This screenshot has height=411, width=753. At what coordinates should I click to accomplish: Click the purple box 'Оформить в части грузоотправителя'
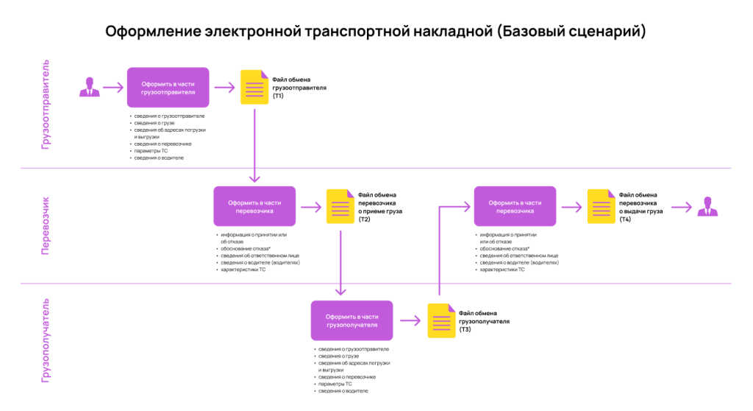168,88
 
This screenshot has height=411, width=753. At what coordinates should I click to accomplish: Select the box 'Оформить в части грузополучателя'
351,320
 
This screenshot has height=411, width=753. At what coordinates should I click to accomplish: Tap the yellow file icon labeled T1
254,87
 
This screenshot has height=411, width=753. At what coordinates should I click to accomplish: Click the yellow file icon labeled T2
340,206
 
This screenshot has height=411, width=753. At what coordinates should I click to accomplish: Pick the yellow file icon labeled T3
441,320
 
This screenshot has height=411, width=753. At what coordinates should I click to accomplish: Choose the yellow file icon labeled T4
602,206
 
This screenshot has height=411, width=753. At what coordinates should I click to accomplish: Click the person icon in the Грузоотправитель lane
89,87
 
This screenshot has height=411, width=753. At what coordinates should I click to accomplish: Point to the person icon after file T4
707,206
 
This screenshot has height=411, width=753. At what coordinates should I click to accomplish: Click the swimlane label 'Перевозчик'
45,225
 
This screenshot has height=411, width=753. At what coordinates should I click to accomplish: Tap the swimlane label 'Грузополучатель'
45,341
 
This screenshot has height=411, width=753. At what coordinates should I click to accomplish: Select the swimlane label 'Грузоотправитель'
45,105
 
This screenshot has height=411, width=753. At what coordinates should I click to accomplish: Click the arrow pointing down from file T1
254,145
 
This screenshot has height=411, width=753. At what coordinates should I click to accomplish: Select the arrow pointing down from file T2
340,263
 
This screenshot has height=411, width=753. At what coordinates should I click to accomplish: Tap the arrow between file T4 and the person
682,208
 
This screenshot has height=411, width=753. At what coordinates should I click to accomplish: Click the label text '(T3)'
465,330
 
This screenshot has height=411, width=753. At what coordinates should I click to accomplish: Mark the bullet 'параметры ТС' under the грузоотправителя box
151,151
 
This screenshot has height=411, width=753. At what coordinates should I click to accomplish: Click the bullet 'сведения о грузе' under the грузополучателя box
338,356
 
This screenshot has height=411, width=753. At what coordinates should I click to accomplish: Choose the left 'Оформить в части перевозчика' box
254,206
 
